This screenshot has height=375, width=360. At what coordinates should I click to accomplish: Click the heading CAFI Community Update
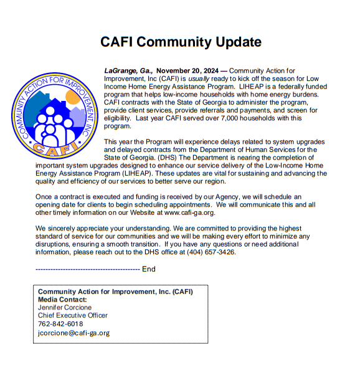click(181, 42)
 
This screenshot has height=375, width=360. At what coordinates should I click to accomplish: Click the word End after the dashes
click(149, 269)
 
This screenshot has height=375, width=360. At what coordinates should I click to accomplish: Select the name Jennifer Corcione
click(65, 308)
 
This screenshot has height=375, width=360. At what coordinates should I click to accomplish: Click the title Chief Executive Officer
click(73, 316)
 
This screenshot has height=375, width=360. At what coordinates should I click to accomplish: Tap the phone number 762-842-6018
click(60, 324)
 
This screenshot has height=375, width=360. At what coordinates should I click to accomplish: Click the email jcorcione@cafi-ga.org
click(73, 333)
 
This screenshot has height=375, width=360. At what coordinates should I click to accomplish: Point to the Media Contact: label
click(63, 300)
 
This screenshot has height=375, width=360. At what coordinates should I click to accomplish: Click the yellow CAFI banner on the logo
click(54, 148)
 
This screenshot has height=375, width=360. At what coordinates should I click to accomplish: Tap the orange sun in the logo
click(73, 98)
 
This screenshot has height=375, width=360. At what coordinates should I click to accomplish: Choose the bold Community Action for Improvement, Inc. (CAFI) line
click(115, 292)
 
